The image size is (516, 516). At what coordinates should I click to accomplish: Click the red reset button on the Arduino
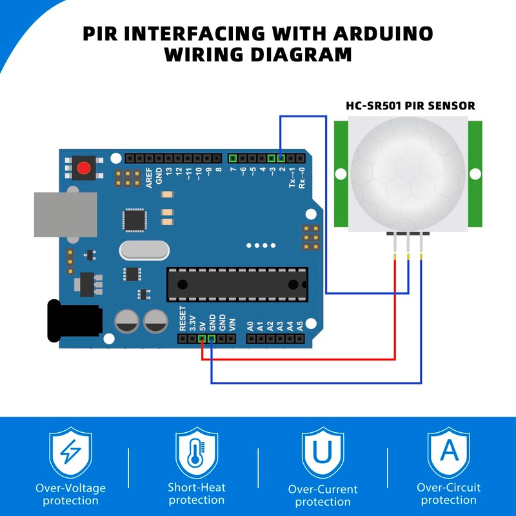point(84,168)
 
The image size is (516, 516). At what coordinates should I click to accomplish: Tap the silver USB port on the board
point(66,215)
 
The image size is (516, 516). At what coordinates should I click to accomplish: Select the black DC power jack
point(75,321)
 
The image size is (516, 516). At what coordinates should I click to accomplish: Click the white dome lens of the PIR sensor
point(408,174)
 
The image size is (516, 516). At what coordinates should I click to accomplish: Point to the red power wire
point(298,359)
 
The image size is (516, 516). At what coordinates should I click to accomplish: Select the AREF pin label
point(149,178)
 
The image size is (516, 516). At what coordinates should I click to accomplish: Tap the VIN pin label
point(232,325)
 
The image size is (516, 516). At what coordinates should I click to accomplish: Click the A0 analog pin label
point(250,326)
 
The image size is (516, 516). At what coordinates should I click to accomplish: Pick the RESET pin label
point(183,319)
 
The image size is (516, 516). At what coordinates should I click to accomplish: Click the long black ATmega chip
point(237,284)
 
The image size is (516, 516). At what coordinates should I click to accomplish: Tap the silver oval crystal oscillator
point(144,250)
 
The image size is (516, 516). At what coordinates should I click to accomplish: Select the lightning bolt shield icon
point(70,453)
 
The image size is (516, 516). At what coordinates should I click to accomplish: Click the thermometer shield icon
point(197,453)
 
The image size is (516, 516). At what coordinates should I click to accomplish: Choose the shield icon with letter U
point(323,453)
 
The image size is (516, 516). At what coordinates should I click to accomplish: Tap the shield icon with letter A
point(449,453)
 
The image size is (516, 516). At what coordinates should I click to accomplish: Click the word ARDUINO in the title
point(383,34)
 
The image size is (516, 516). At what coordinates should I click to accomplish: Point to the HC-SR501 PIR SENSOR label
point(410,106)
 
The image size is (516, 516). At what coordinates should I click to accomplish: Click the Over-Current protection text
point(323,495)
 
